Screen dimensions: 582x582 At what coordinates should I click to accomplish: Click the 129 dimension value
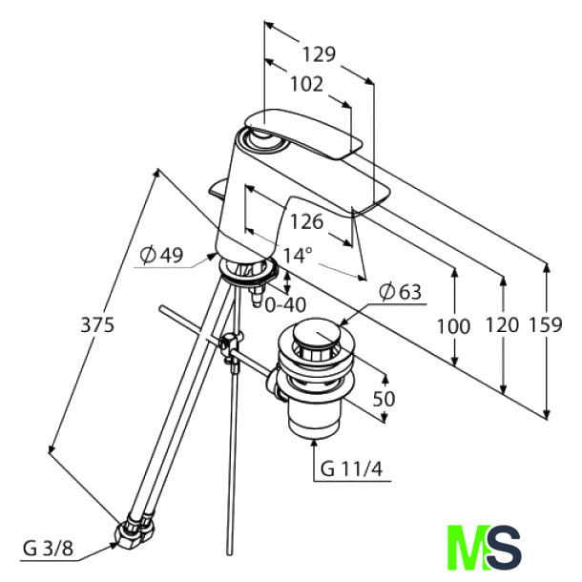click(318, 54)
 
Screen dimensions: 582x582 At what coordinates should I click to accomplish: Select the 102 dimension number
click(305, 84)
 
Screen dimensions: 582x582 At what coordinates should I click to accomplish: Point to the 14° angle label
click(298, 256)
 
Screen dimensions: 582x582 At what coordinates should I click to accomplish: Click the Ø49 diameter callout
click(160, 256)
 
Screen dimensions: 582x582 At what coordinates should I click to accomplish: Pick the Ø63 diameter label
click(400, 293)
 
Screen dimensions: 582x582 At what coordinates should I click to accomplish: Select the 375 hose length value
click(97, 324)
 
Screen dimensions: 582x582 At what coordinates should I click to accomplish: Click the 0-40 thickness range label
click(284, 305)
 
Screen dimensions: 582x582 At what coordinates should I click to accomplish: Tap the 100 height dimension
click(453, 326)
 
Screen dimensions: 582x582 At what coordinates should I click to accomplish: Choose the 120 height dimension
click(502, 326)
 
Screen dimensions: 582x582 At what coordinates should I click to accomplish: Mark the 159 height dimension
click(545, 326)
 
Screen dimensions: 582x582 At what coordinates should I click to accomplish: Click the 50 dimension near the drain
click(384, 400)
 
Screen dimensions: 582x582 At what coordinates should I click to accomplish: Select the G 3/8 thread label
click(47, 548)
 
